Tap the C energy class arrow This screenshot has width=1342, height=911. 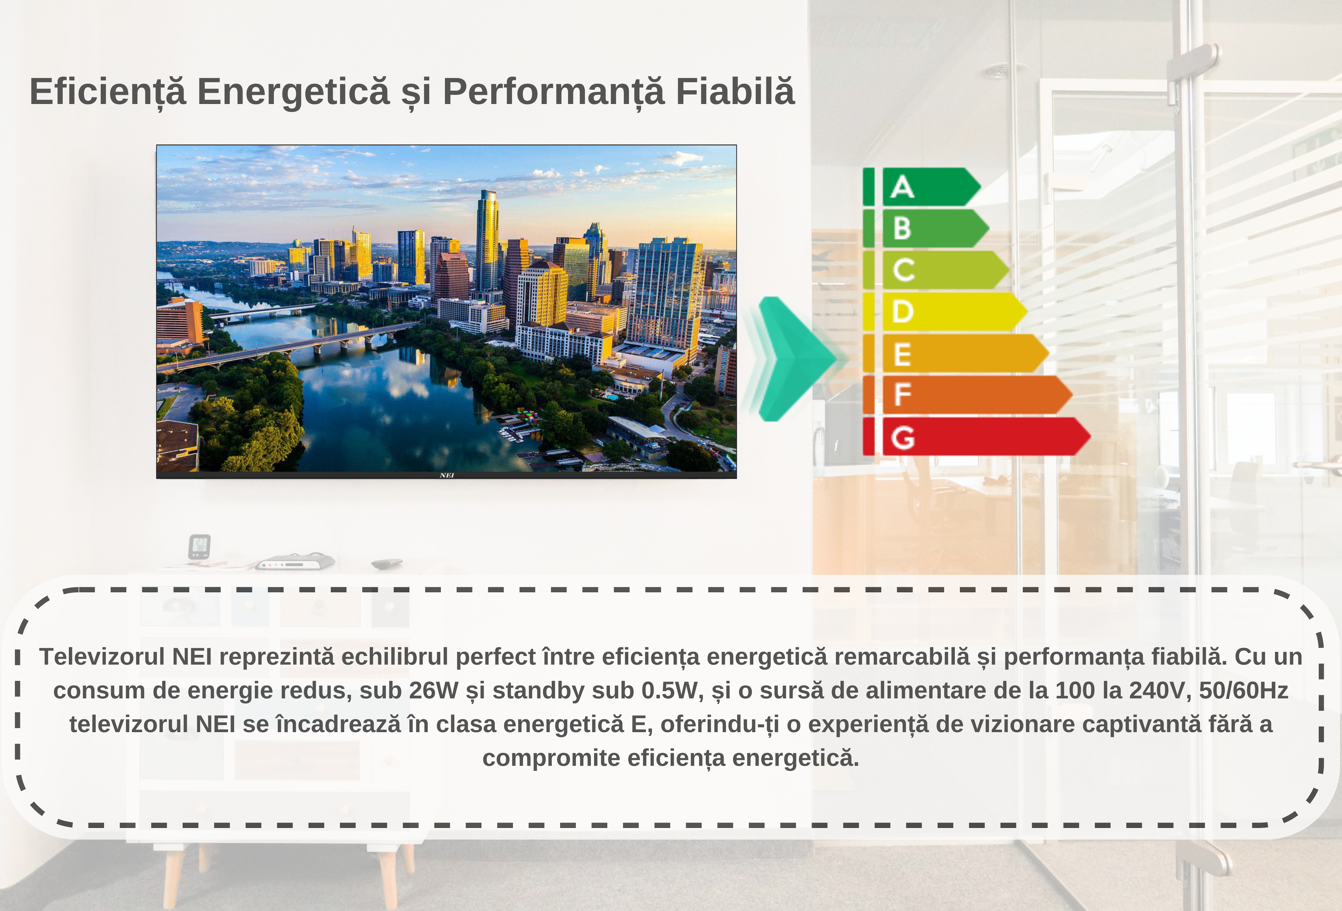(x=945, y=270)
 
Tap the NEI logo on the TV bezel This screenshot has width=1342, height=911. (x=446, y=475)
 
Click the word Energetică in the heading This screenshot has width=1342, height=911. (x=293, y=92)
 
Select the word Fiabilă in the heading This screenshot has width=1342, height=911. (x=735, y=92)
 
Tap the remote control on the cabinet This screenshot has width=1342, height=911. (x=387, y=563)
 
